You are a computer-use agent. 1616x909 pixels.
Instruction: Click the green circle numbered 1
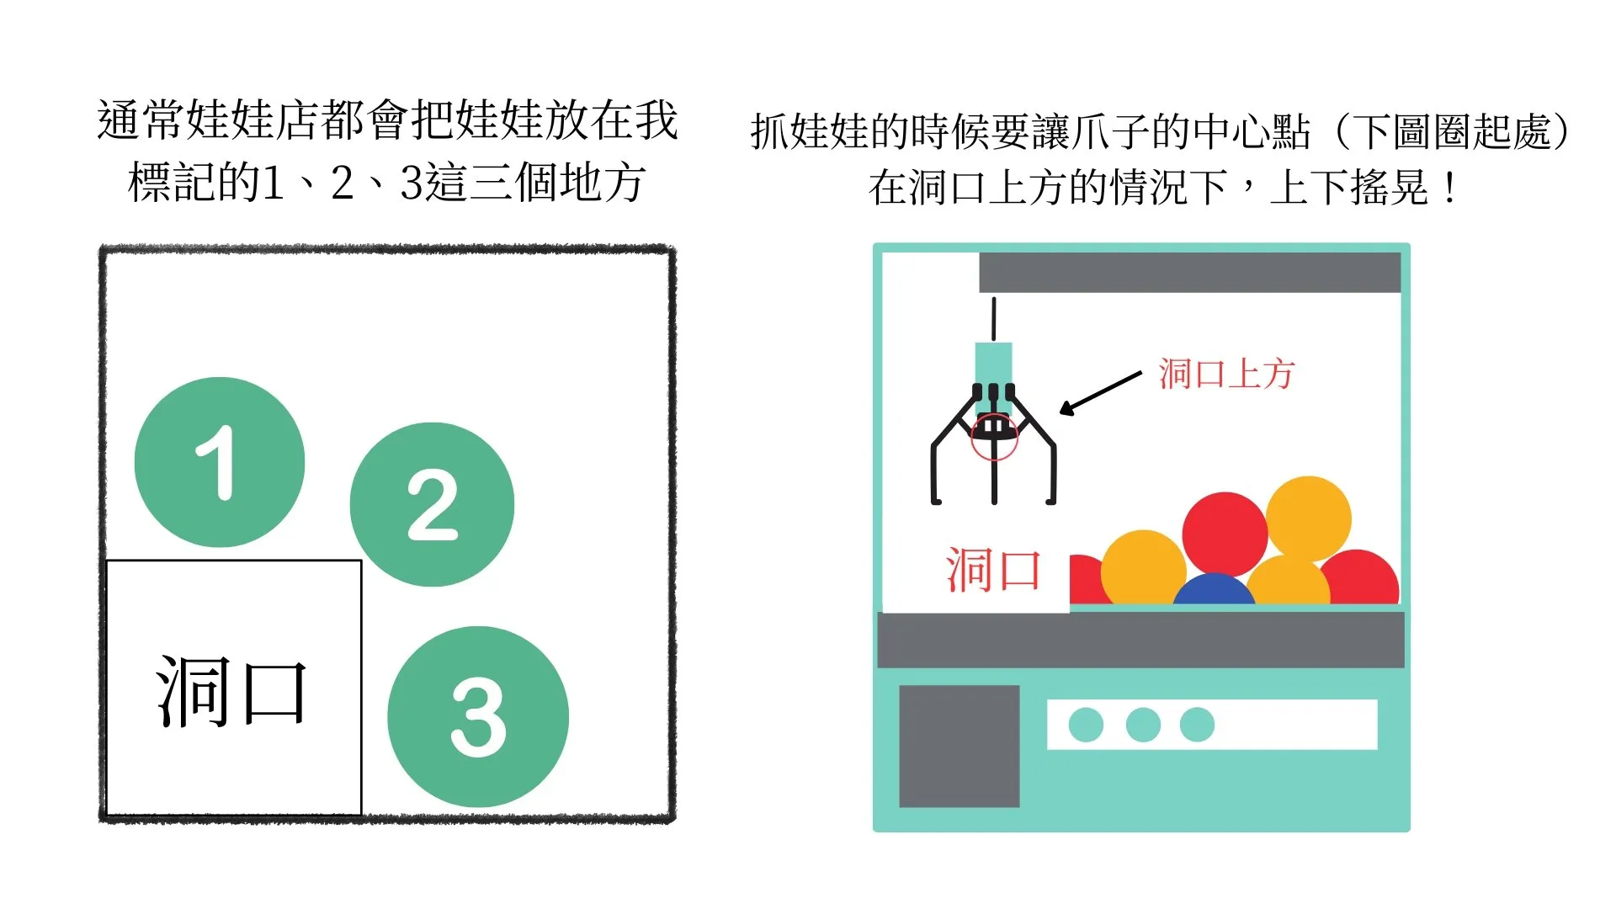(x=219, y=462)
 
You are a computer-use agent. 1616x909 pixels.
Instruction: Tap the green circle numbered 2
(x=432, y=504)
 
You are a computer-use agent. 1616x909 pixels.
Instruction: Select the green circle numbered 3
(x=478, y=716)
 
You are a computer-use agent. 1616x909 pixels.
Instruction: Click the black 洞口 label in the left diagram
(x=231, y=693)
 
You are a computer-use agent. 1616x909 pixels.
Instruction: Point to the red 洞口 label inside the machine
(x=993, y=570)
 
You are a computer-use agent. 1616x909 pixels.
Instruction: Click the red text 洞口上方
(x=1225, y=374)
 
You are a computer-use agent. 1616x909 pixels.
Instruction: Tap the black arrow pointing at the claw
(x=1099, y=393)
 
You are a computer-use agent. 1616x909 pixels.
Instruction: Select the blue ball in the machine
(x=1213, y=590)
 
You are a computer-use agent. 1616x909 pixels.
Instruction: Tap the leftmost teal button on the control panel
(x=1086, y=725)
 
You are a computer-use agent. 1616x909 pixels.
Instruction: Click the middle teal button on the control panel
(x=1142, y=725)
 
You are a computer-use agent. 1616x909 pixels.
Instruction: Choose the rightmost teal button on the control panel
(x=1197, y=725)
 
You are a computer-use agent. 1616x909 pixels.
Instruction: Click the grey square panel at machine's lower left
(x=959, y=746)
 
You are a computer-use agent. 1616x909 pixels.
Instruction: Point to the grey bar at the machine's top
(x=1188, y=273)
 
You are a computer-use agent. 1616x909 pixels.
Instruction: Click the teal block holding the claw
(x=993, y=364)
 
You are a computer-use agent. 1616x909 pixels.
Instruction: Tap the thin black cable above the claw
(x=994, y=319)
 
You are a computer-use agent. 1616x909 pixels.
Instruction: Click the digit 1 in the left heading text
(x=272, y=183)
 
